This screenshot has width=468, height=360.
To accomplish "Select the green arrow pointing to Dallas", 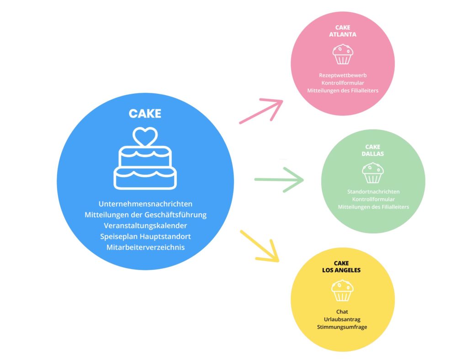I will [x=279, y=179].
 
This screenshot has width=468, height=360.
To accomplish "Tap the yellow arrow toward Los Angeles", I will [x=260, y=246].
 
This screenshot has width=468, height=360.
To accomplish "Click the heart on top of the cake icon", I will [x=145, y=136].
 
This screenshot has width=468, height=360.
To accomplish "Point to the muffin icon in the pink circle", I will [x=342, y=54].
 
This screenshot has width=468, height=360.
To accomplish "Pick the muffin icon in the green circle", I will [x=372, y=173].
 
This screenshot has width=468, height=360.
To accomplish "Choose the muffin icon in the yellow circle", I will [x=342, y=290].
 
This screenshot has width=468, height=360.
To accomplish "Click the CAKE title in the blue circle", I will [x=145, y=113].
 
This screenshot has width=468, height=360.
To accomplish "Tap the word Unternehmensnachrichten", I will [x=145, y=204].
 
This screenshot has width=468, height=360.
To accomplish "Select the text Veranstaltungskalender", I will [x=145, y=226].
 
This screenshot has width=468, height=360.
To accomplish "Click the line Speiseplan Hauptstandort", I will [x=145, y=236].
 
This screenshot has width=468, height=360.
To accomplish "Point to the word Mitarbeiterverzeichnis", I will [x=145, y=247].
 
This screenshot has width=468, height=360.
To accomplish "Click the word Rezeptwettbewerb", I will [x=342, y=75].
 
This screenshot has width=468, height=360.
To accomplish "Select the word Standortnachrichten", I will [x=373, y=192].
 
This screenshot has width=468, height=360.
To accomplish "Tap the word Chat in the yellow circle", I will [x=342, y=312].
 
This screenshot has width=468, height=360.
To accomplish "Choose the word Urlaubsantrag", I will [x=342, y=319].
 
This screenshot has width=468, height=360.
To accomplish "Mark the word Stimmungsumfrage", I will [x=342, y=327].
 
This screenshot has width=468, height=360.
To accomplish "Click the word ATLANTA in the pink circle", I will [x=342, y=34].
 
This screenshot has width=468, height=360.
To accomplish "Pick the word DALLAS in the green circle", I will [x=373, y=154].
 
